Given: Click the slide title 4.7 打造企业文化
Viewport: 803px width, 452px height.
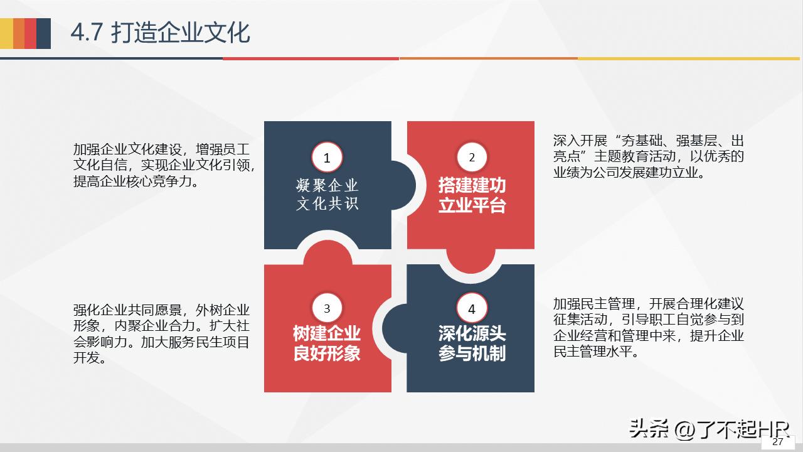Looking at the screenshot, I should coord(160,33).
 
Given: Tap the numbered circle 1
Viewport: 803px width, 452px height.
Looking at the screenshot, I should coord(327,158).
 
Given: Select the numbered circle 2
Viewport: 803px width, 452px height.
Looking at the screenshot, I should coord(472,158).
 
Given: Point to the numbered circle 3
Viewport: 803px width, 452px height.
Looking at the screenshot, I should coord(327,309).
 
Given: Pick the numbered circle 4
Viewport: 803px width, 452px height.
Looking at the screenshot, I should coord(472,309).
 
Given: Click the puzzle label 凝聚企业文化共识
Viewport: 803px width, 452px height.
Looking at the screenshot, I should coord(327,195).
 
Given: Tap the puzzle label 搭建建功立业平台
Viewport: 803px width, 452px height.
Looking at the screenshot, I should coord(472,195).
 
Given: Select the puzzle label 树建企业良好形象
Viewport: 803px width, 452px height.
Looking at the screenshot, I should coord(327,343).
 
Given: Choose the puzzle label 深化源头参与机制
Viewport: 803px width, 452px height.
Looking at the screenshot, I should coord(472,343).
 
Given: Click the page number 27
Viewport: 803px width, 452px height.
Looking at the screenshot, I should coord(778,442).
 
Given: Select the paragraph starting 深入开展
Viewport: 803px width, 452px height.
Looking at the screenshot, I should coord(649,156).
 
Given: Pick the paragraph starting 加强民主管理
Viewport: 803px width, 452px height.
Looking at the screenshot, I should coord(649,328).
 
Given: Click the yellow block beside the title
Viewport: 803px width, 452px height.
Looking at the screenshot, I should coord(6,33).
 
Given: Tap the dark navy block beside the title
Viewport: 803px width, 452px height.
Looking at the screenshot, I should coord(43,33).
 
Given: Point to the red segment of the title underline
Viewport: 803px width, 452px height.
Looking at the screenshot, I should coord(311,58).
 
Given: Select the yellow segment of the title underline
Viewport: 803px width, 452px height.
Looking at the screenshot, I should coord(690,58).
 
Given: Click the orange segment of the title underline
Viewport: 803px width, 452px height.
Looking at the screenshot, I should coord(488,58).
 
